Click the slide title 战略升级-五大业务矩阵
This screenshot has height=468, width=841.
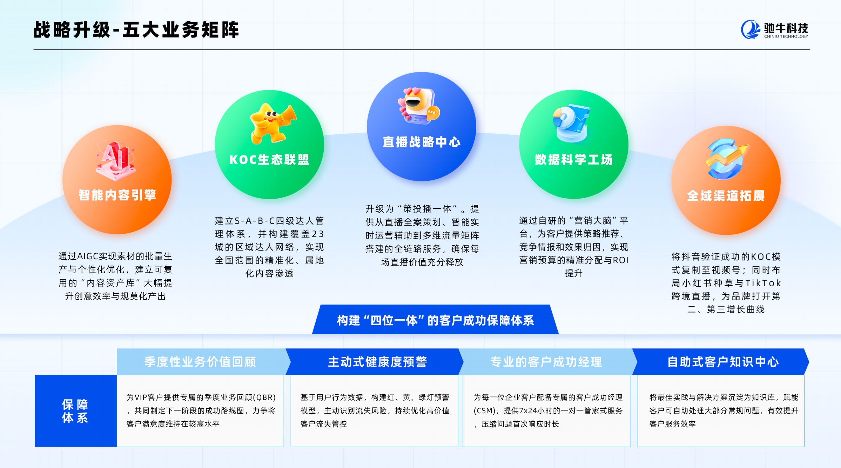(136, 30)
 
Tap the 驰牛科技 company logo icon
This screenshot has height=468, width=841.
(751, 29)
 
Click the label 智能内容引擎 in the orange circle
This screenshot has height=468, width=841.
(117, 195)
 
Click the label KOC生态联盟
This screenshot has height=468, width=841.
(269, 160)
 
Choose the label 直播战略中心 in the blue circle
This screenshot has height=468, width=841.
(422, 142)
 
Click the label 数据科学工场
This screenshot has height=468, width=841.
(574, 160)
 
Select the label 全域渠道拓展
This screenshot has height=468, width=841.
(726, 196)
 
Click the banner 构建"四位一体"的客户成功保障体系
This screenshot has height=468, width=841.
(435, 320)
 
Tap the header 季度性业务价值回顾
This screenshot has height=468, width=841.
(200, 362)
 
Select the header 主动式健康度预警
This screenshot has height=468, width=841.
(377, 362)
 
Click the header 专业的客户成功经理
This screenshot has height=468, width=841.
(546, 362)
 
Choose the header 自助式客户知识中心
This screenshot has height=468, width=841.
(723, 362)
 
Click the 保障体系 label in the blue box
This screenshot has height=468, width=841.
(75, 411)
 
